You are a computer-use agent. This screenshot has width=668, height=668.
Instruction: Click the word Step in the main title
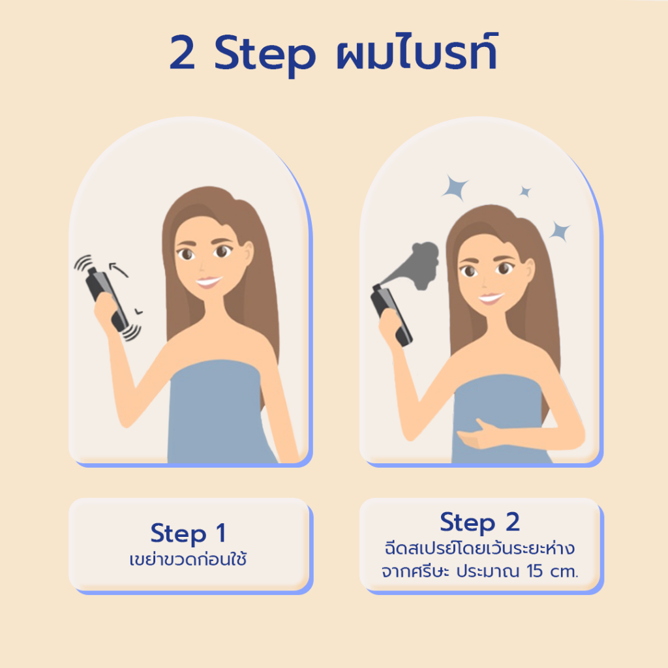pos(265,55)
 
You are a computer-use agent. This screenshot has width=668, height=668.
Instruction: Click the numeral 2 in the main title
pos(183,52)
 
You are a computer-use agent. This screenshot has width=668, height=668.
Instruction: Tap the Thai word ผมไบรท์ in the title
pos(417,51)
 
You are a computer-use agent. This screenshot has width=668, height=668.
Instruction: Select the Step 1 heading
pos(188,533)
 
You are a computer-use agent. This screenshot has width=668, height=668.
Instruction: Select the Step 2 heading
pos(479,523)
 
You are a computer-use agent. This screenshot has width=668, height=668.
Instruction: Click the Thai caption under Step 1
pos(188,558)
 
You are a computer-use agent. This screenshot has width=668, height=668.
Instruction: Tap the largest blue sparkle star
pos(455,187)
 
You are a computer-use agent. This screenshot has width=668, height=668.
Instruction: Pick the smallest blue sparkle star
pos(525,192)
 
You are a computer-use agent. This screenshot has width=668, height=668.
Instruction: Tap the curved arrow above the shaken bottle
pos(118,269)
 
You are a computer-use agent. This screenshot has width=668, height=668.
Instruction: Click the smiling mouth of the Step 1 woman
pos(209,282)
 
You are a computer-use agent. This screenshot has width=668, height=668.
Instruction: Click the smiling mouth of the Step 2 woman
pos(491,298)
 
